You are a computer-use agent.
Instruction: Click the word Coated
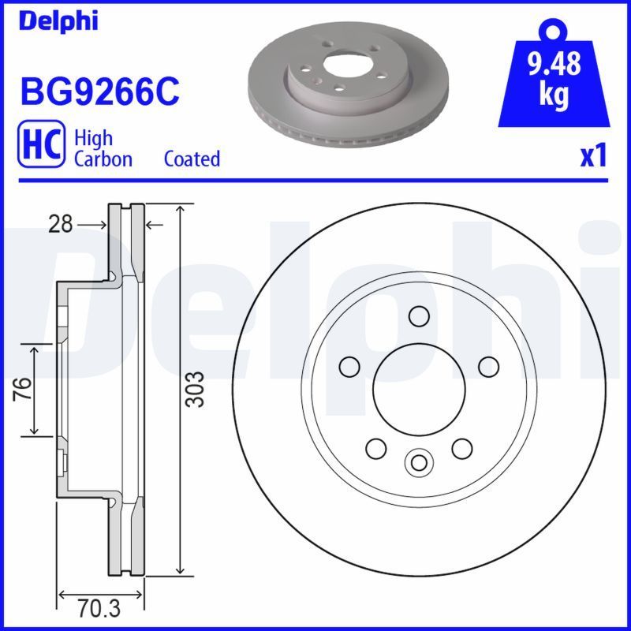(x=192, y=159)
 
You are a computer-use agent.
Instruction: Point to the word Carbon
(x=103, y=159)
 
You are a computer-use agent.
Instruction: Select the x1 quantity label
(x=593, y=156)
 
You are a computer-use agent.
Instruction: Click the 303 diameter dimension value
(x=197, y=389)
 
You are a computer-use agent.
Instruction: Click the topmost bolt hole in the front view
(x=419, y=316)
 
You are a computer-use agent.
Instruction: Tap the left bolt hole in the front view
(x=349, y=366)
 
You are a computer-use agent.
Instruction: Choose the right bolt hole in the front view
(x=489, y=366)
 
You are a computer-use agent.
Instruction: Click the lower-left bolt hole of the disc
(x=376, y=448)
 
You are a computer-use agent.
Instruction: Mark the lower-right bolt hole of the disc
(x=461, y=448)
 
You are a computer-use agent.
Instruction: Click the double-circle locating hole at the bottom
(x=419, y=461)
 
